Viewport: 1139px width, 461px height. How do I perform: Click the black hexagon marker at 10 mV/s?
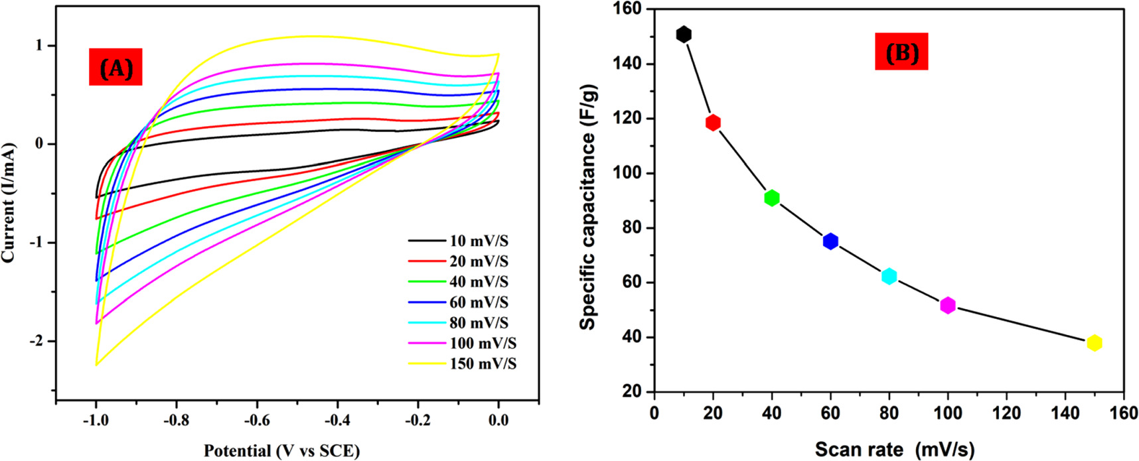pos(684,34)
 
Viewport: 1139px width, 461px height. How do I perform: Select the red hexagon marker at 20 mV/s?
pos(713,123)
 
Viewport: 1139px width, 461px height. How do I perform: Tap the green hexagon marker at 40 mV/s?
pos(771,198)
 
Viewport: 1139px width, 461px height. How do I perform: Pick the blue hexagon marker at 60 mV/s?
pos(830,241)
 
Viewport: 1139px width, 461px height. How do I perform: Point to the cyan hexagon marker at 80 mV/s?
pos(889,277)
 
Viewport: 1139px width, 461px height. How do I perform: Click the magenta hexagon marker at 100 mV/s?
pos(948,306)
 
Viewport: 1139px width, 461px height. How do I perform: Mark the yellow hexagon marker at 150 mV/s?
pos(1095,343)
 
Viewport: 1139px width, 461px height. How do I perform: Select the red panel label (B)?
pos(901,52)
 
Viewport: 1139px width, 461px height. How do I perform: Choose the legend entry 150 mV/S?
pos(483,364)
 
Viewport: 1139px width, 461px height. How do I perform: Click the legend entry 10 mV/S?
pos(479,241)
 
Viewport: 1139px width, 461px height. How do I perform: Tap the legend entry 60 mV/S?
pos(479,302)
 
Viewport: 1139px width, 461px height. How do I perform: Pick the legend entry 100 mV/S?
pos(483,344)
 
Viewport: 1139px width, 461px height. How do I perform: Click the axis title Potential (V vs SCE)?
pos(281,451)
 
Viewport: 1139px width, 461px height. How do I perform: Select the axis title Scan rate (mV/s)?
pos(894,450)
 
